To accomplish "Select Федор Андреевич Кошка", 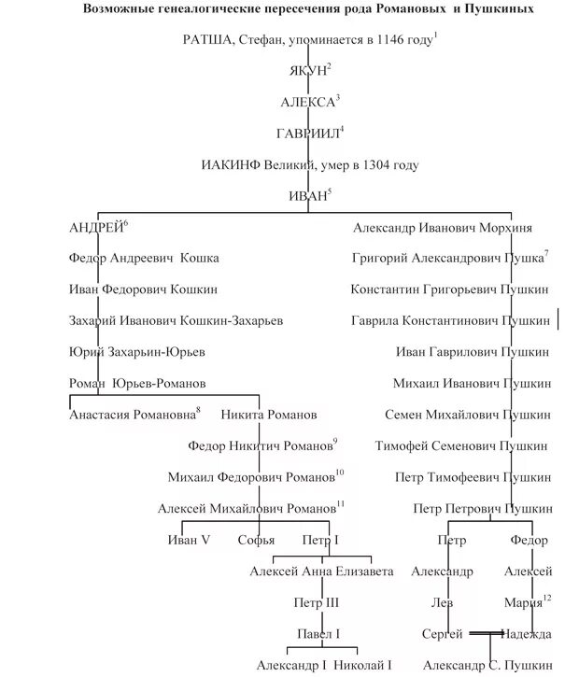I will click(x=144, y=258).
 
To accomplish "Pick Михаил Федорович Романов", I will click(x=251, y=477).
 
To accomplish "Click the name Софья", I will click(x=256, y=539).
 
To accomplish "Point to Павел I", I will click(x=318, y=634).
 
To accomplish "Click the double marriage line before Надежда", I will click(x=486, y=634).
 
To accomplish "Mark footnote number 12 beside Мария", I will click(x=547, y=597).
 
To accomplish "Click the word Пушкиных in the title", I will click(x=501, y=9).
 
